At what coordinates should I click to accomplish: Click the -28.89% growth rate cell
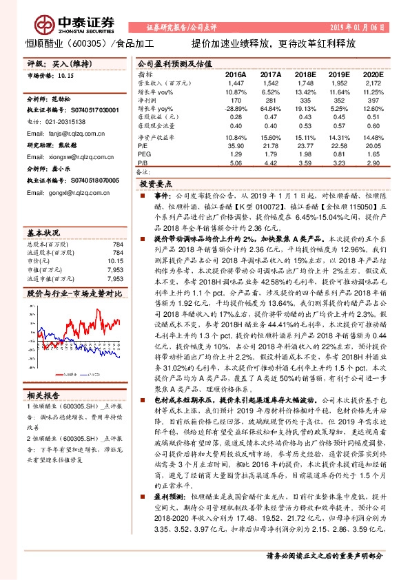click(236, 109)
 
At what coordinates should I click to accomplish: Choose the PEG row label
click(145, 154)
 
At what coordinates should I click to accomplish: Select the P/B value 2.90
click(373, 163)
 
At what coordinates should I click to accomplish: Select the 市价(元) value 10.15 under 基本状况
click(115, 262)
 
